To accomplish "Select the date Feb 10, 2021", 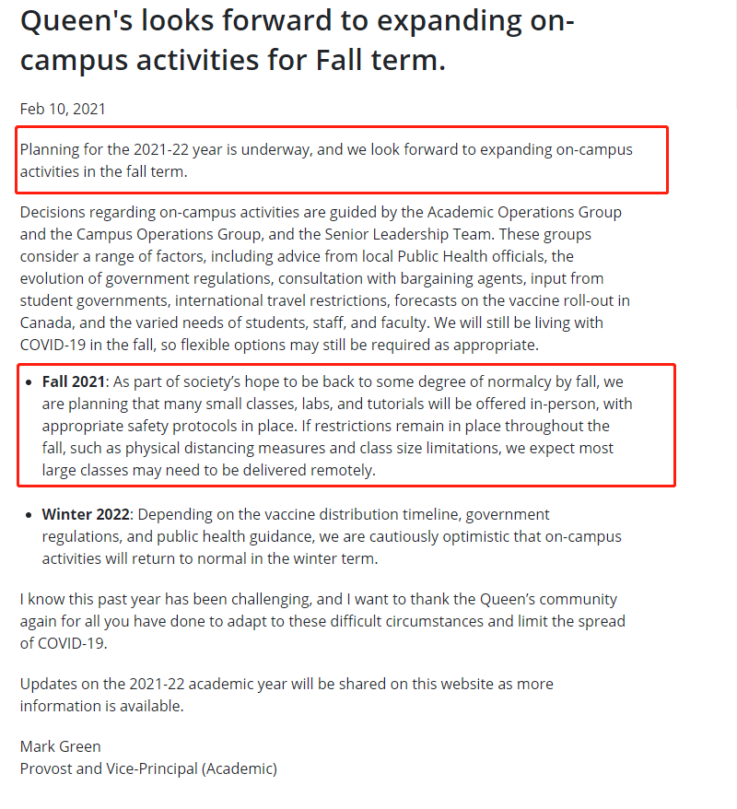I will point(63,109).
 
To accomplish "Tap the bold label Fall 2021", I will point(74,381).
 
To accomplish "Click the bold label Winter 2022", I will point(86,514).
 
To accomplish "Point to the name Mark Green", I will point(61,746).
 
